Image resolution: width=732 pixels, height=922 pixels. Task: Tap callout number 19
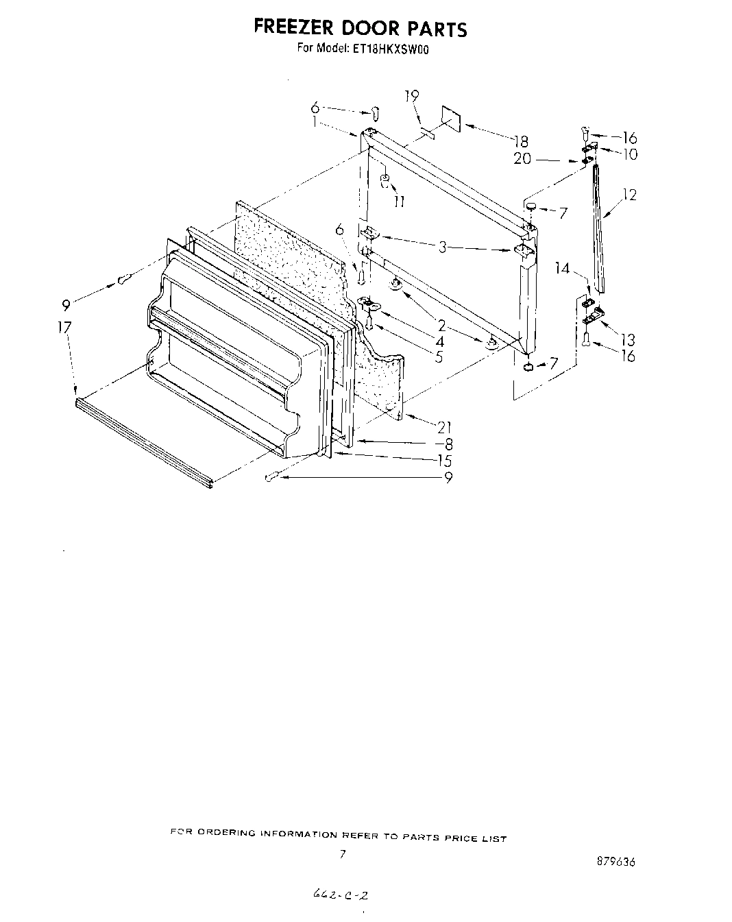(x=411, y=96)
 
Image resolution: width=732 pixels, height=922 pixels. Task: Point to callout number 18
(x=522, y=141)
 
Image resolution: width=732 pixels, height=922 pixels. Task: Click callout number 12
(x=630, y=195)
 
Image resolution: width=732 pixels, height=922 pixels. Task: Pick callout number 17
(x=64, y=328)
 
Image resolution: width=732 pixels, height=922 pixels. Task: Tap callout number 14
(x=563, y=269)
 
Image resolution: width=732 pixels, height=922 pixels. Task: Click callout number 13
(x=628, y=339)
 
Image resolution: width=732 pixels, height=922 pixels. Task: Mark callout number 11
(x=399, y=201)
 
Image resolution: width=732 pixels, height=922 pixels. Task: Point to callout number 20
(x=522, y=160)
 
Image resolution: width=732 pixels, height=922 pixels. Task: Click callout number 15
(x=445, y=461)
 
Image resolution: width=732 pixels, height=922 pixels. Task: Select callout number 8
(x=448, y=444)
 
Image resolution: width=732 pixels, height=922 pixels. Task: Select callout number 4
(x=439, y=341)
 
